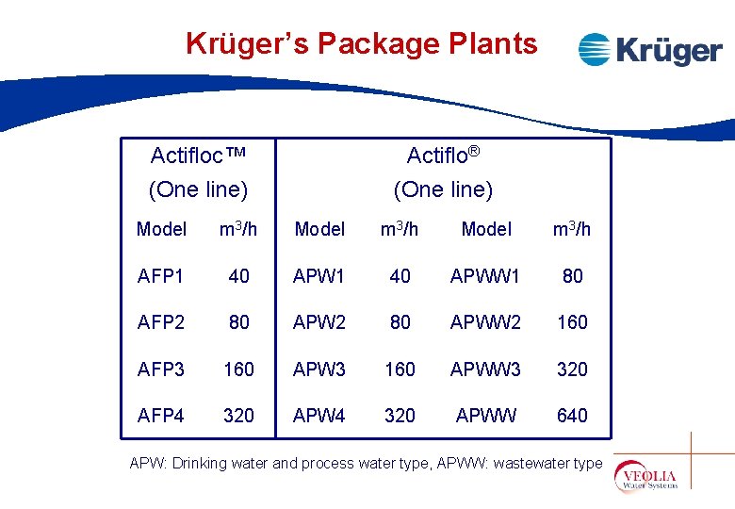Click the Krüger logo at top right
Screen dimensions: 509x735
[x=649, y=49]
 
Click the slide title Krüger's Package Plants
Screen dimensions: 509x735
[x=362, y=43]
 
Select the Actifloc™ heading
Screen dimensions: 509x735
[x=198, y=155]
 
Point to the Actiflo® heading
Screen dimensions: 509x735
[x=443, y=155]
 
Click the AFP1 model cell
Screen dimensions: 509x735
[x=161, y=275]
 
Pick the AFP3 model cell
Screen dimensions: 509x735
[x=161, y=369]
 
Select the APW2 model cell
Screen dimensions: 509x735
[x=319, y=322]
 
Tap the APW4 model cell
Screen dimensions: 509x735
[x=319, y=415]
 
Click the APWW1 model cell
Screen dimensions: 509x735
[x=485, y=275]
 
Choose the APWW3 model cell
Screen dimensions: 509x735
[x=485, y=369]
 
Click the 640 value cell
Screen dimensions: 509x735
[x=572, y=415]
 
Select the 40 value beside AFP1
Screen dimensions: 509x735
[x=239, y=275]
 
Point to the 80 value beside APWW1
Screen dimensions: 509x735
[x=572, y=275]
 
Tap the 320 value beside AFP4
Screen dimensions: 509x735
[x=239, y=415]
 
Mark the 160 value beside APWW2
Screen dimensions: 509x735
[x=572, y=322]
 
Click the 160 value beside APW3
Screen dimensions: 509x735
[x=400, y=369]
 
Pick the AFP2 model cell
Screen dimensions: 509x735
[x=161, y=322]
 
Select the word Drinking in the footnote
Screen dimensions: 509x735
[x=196, y=463]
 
